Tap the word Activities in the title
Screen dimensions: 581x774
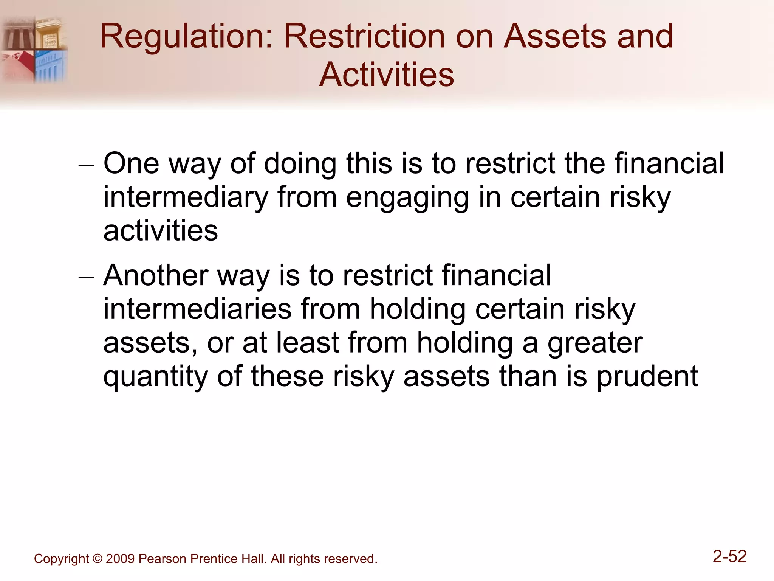point(386,75)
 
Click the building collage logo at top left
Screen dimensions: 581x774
point(34,49)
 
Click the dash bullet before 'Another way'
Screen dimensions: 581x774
point(86,278)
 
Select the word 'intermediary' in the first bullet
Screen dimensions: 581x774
point(185,198)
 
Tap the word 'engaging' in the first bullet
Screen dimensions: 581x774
point(407,198)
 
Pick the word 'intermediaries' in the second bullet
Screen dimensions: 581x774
point(197,309)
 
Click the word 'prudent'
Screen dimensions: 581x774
point(647,376)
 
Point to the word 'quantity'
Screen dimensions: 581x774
point(155,376)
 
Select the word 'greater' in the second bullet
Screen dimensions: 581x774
point(595,343)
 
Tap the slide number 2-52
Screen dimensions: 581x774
point(729,556)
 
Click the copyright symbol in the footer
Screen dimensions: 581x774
point(97,559)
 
